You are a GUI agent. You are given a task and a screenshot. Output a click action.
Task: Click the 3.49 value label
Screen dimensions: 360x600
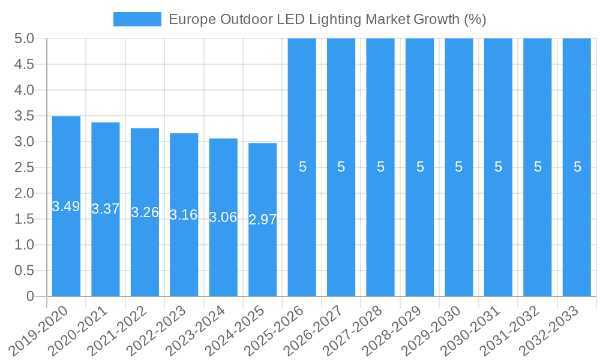[x=66, y=206]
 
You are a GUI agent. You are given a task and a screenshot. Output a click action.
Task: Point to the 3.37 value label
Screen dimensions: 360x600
[x=106, y=209]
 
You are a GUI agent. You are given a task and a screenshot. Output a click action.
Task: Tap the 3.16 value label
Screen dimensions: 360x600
[x=184, y=215]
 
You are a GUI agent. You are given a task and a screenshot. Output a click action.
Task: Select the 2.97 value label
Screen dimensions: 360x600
[x=263, y=220]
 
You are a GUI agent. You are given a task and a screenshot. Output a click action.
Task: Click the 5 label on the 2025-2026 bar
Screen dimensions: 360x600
[x=302, y=167]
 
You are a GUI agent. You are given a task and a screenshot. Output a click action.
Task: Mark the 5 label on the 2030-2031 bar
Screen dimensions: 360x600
[x=499, y=167]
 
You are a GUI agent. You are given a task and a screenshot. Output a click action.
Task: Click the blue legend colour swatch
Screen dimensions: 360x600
[x=137, y=19]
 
